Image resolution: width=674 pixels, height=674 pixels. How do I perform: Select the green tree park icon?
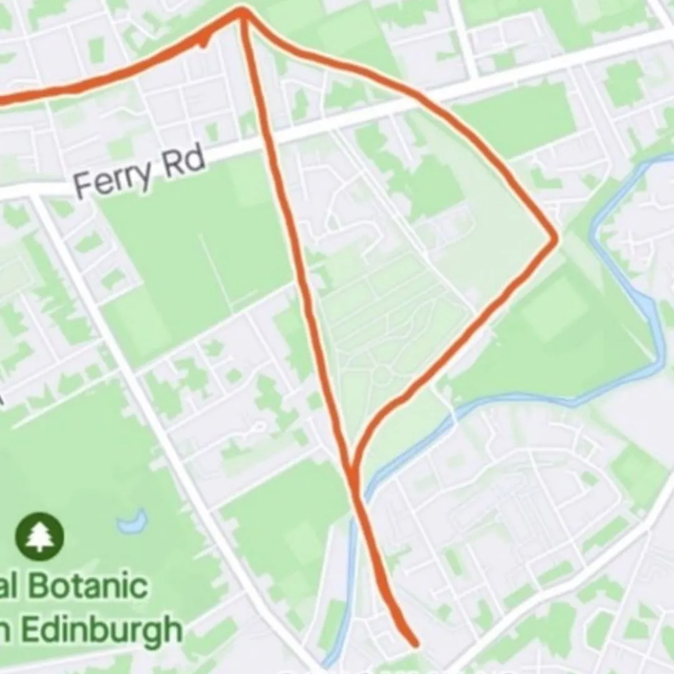click(x=39, y=536)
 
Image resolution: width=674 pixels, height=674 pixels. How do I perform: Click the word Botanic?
click(x=87, y=587)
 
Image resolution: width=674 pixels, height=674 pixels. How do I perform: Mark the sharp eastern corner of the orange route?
click(x=554, y=238)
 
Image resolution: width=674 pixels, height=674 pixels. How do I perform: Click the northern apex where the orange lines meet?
click(x=243, y=11)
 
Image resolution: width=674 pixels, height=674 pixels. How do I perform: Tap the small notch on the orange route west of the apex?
click(x=203, y=42)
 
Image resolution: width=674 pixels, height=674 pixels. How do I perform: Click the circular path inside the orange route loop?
click(x=382, y=374)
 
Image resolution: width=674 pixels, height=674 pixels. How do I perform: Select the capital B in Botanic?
click(x=42, y=587)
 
